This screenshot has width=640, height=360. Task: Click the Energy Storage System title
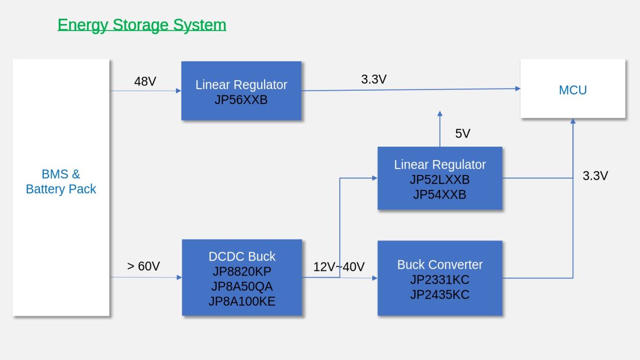tap(142, 25)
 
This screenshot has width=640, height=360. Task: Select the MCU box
tap(573, 89)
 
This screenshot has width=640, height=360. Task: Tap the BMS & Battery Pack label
tap(61, 181)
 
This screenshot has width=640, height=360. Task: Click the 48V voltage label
tap(145, 82)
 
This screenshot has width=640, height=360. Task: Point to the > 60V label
tap(143, 266)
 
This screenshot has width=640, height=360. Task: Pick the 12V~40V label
tap(339, 267)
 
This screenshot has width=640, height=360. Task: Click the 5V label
tap(462, 133)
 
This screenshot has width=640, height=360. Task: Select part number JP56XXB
tap(241, 100)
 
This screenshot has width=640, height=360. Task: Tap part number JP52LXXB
tap(439, 180)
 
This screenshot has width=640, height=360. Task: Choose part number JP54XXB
tap(439, 195)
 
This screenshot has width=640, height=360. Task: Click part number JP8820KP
tap(242, 271)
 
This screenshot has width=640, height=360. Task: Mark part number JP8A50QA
tap(242, 286)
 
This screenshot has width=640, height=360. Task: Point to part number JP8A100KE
tap(242, 301)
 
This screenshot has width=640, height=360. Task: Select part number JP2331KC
tap(439, 279)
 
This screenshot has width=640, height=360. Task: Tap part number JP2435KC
tap(439, 294)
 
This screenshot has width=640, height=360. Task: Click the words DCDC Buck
tap(242, 257)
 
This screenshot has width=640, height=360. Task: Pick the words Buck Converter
tap(439, 265)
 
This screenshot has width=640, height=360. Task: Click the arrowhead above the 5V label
tap(440, 114)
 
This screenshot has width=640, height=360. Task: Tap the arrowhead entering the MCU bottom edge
tap(573, 121)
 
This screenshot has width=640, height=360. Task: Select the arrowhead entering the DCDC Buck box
tap(179, 277)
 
